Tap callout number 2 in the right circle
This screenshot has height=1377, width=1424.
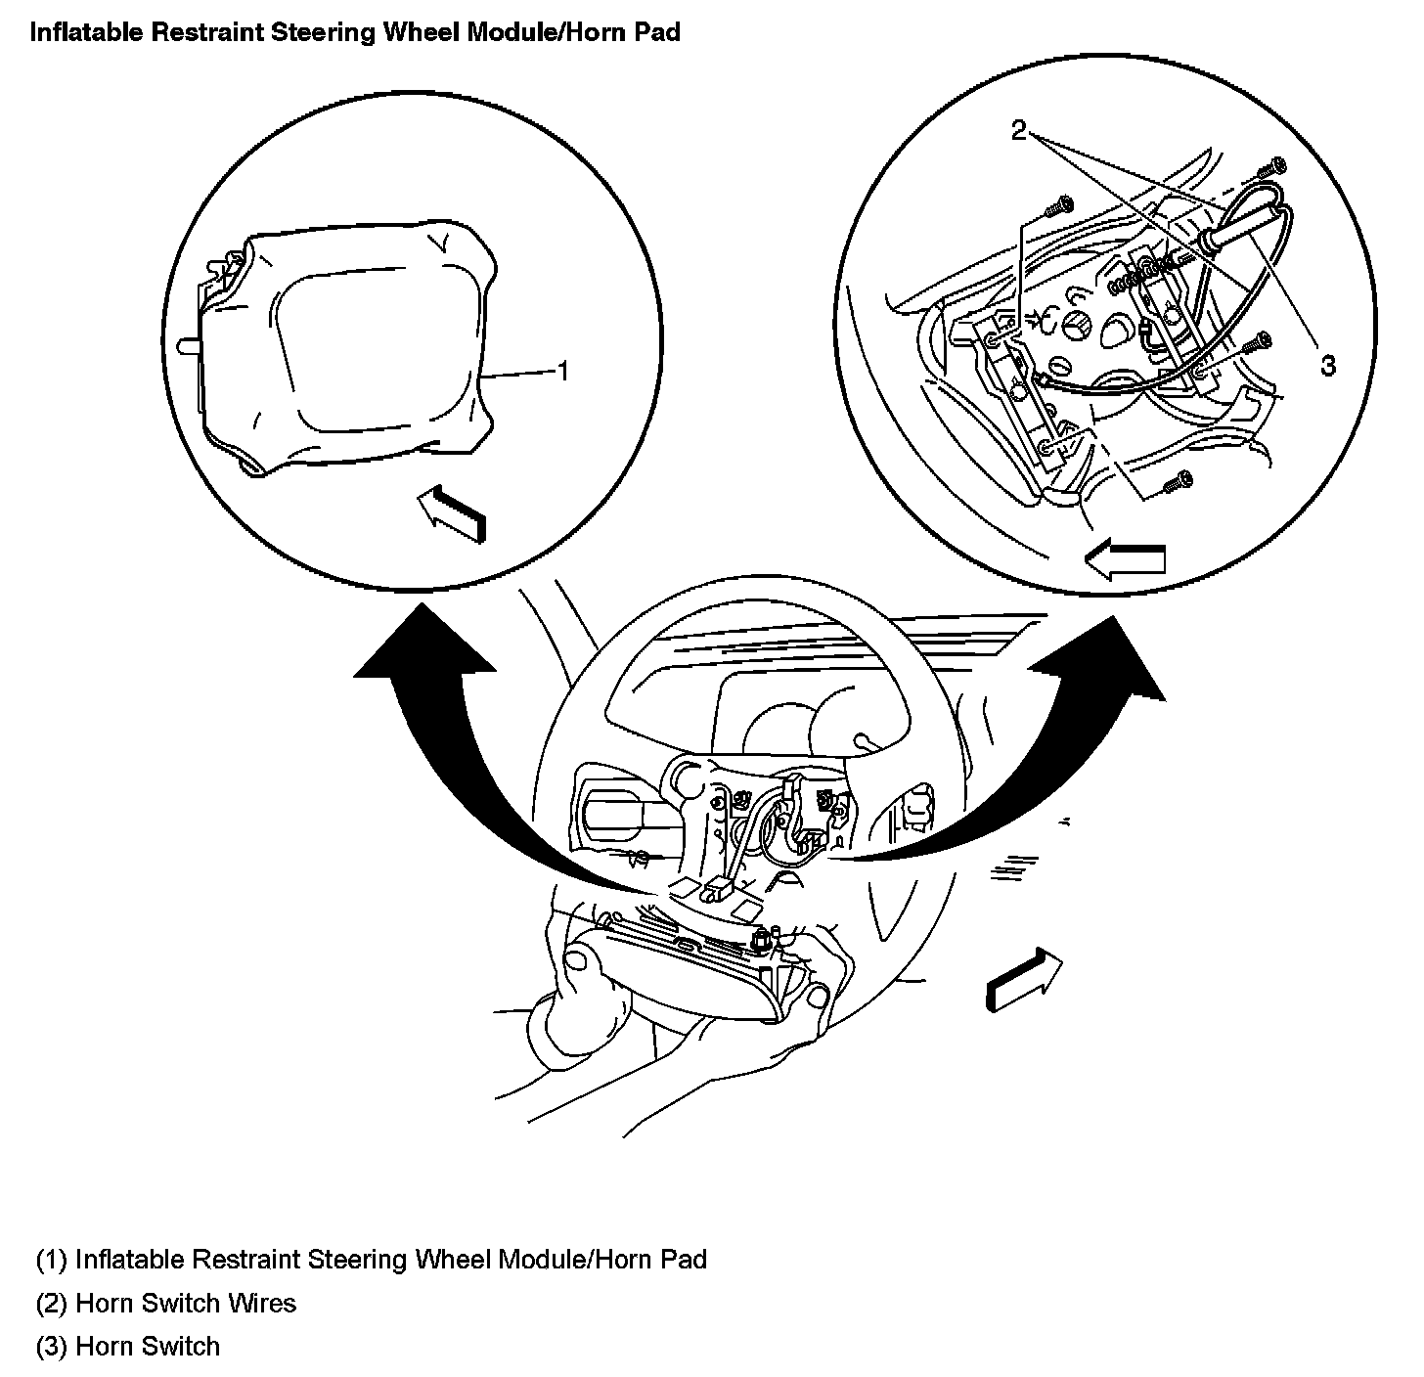pos(1019,130)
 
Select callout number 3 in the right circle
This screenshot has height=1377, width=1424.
pos(1327,365)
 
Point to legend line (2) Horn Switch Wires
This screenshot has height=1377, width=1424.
pos(166,1303)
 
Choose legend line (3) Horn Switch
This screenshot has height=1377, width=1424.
pos(128,1347)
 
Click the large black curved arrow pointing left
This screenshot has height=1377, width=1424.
pos(460,743)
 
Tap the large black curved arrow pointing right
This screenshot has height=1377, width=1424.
pos(1056,753)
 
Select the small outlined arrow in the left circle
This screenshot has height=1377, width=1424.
pos(450,513)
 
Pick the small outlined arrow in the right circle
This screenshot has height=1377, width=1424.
pos(1125,559)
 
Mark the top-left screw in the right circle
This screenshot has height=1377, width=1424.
pos(1059,206)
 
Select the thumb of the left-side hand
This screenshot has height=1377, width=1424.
pos(577,963)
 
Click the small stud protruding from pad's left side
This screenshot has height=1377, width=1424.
pos(187,345)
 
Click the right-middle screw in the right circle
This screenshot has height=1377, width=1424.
pos(1257,344)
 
